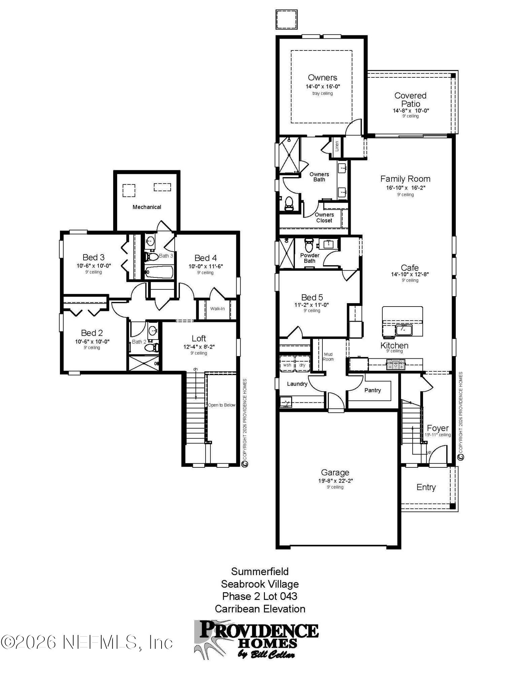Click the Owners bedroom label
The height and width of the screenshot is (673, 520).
point(322,78)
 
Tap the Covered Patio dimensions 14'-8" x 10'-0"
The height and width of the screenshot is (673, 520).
point(411,111)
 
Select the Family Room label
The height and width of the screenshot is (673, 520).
point(405,179)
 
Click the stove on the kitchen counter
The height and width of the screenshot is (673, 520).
point(396,364)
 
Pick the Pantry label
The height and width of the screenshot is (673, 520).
point(372,390)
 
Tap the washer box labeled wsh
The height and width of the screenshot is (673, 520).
point(287,365)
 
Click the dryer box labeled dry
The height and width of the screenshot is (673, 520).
point(302,365)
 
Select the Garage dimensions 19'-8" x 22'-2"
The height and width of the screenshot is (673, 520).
point(335,481)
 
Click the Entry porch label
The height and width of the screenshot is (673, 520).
point(426,487)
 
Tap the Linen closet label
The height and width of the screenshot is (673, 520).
point(337,146)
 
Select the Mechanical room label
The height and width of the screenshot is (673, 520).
point(147,207)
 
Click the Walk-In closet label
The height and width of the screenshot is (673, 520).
point(217,309)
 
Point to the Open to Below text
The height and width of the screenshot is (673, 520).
point(221,405)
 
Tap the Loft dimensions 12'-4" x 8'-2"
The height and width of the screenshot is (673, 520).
point(199,347)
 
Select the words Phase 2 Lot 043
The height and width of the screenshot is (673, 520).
point(259,597)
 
